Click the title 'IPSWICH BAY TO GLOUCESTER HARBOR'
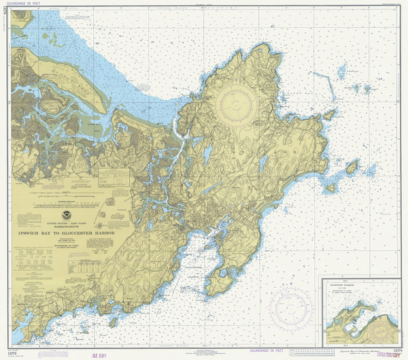[x=65, y=233]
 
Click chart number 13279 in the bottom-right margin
[x=391, y=346]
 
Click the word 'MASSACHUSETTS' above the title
[x=67, y=227]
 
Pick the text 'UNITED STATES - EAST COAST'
[x=66, y=223]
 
